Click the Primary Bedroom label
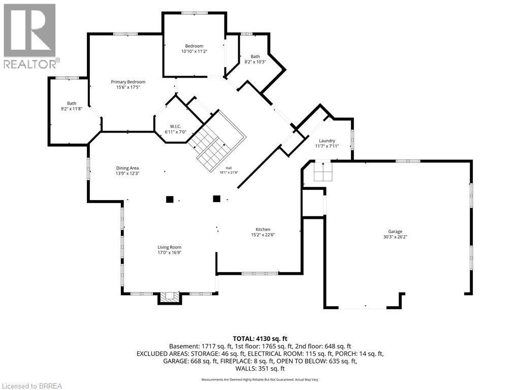tap(128, 82)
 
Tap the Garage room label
tap(395, 232)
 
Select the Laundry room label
tap(327, 141)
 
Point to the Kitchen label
tap(263, 229)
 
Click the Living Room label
tap(170, 247)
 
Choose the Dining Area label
tap(127, 168)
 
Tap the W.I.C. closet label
tap(175, 126)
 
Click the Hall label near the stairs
tap(229, 168)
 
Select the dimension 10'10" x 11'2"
tap(194, 51)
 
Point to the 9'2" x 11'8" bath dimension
tap(71, 109)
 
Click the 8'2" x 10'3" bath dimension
tap(255, 61)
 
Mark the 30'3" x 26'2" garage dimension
tap(395, 237)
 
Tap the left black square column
tap(170, 199)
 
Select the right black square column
tap(216, 199)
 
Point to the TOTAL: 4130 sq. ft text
tap(260, 339)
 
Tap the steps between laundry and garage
tap(323, 172)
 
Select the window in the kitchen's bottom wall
tap(259, 273)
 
